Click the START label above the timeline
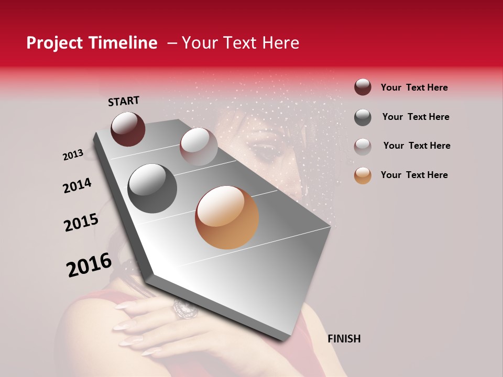[x=124, y=101]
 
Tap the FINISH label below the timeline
[x=344, y=339]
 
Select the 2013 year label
[x=73, y=155]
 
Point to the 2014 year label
[x=77, y=185]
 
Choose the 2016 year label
[x=89, y=265]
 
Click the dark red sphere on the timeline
[x=128, y=129]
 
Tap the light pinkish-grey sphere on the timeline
[x=199, y=147]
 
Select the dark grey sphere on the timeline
[x=152, y=188]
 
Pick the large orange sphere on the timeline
[x=227, y=217]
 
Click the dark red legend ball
[x=363, y=87]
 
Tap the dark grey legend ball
[x=363, y=117]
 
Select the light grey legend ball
[x=363, y=146]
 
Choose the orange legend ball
[x=363, y=175]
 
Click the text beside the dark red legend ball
[x=414, y=87]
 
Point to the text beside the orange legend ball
[x=414, y=175]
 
